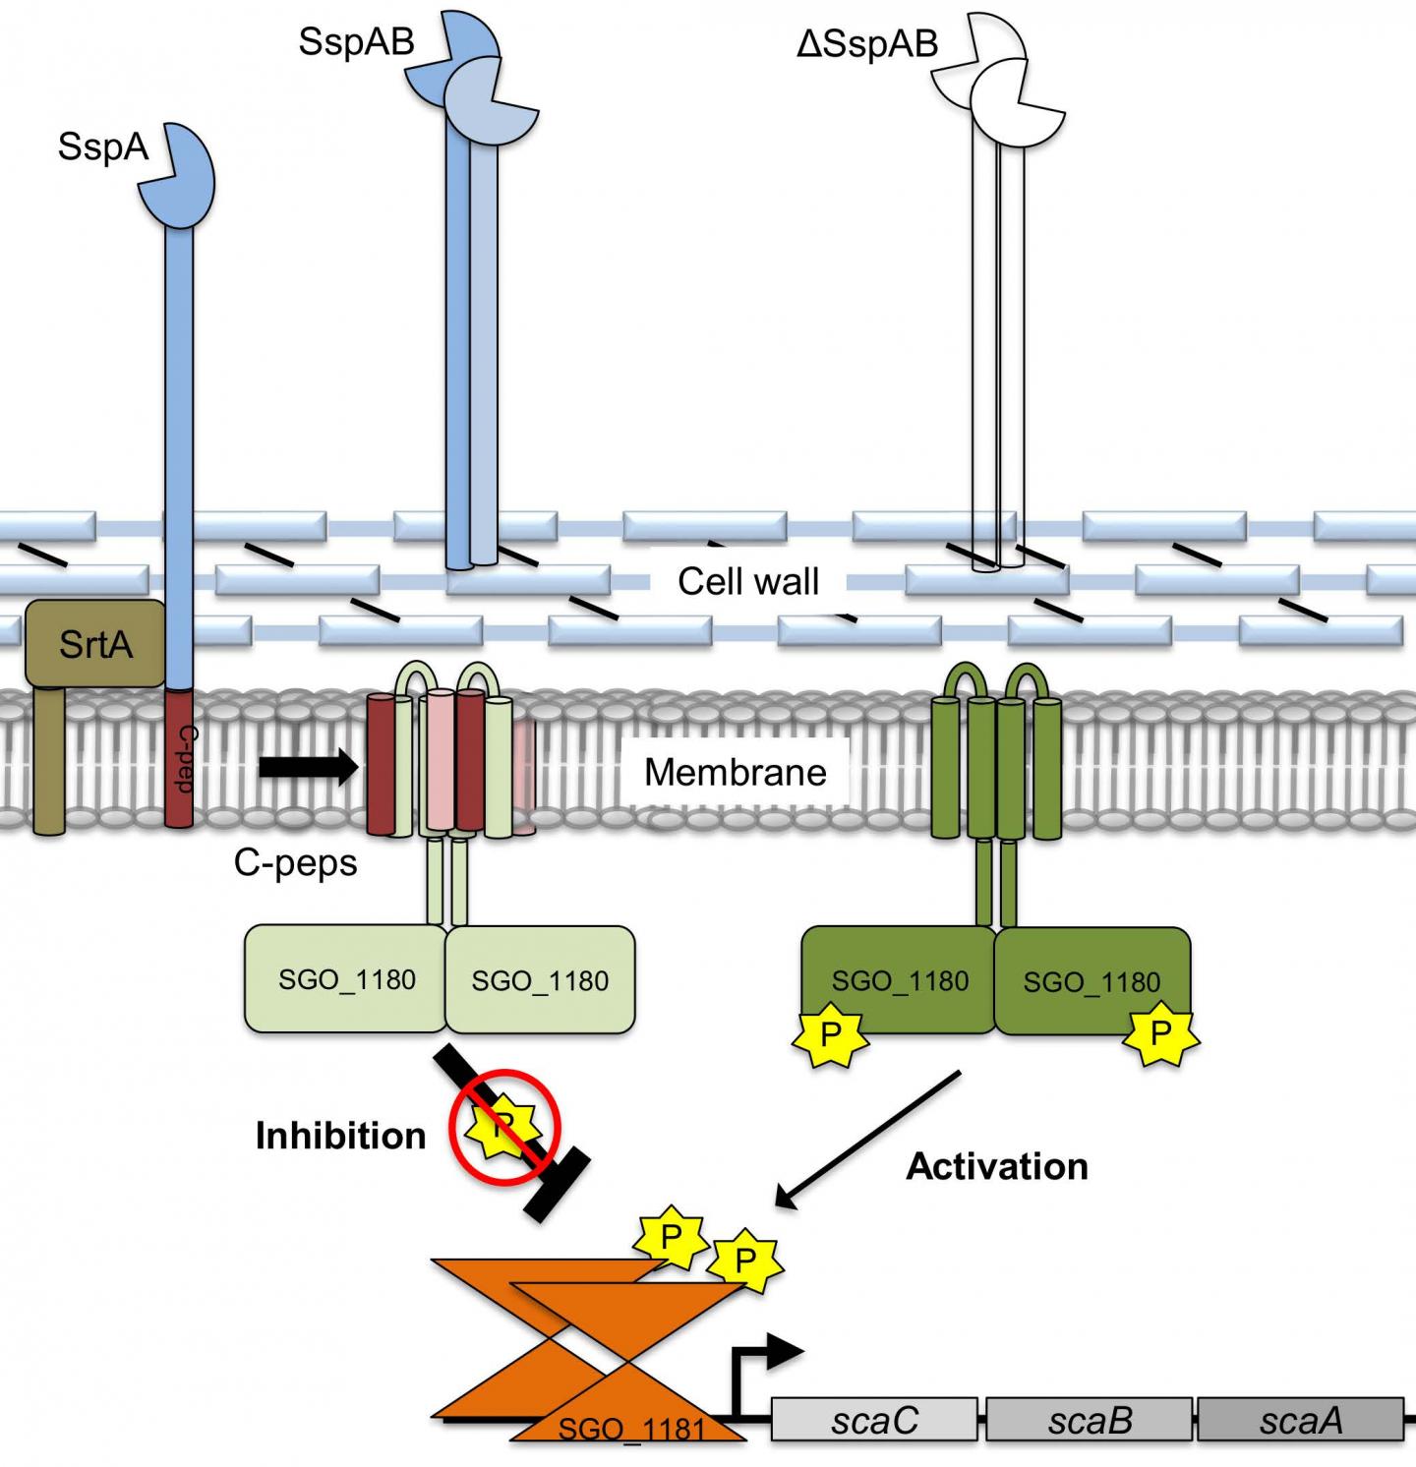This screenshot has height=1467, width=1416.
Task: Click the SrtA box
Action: point(94,644)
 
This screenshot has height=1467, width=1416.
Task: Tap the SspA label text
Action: point(102,147)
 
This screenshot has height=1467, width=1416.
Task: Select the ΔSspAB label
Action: point(866,43)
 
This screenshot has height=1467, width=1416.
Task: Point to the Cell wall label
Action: point(747,581)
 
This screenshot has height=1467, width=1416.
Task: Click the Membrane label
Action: point(735,772)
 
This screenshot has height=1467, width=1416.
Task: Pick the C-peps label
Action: point(295,862)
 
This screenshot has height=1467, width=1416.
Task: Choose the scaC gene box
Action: point(874,1420)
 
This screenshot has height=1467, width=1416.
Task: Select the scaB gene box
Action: point(1090,1420)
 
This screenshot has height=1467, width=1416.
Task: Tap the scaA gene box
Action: point(1300,1420)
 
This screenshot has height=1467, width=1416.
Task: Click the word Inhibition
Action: point(340,1136)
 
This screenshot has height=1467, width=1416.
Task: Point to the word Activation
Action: point(996,1166)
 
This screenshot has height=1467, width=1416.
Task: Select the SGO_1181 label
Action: point(631,1428)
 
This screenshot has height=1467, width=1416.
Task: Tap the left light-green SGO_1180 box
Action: point(346,979)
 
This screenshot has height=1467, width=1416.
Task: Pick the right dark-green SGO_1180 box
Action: point(1091,981)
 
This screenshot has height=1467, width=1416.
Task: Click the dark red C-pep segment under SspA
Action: point(179,757)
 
